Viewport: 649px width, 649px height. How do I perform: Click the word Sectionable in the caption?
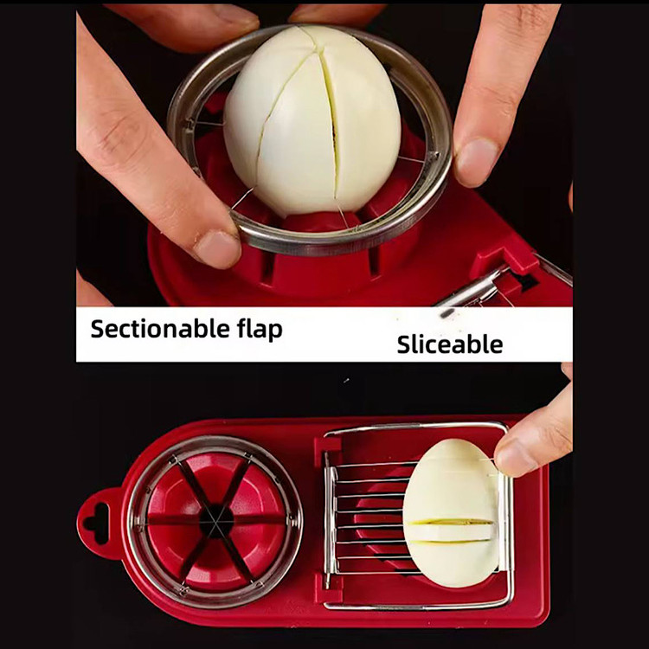(160, 329)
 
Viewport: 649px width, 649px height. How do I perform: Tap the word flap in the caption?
(260, 330)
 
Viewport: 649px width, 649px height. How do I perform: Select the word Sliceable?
(450, 344)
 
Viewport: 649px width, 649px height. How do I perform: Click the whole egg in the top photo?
(312, 120)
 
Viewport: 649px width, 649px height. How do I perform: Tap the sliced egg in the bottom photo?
(451, 512)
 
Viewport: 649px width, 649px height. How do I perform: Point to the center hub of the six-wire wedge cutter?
(215, 521)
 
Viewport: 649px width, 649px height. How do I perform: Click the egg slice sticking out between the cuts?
(450, 531)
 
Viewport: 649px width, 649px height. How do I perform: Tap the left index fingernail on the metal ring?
(217, 248)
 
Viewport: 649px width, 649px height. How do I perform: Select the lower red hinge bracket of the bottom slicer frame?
(327, 588)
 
